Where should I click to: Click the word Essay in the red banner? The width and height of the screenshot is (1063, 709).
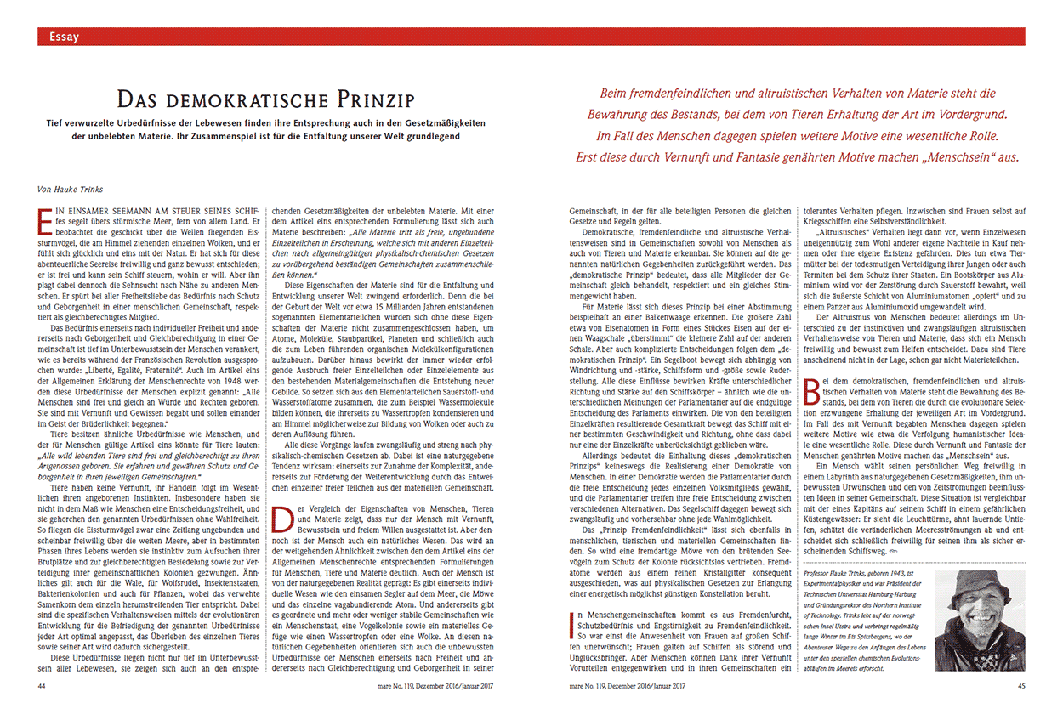[65, 37]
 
